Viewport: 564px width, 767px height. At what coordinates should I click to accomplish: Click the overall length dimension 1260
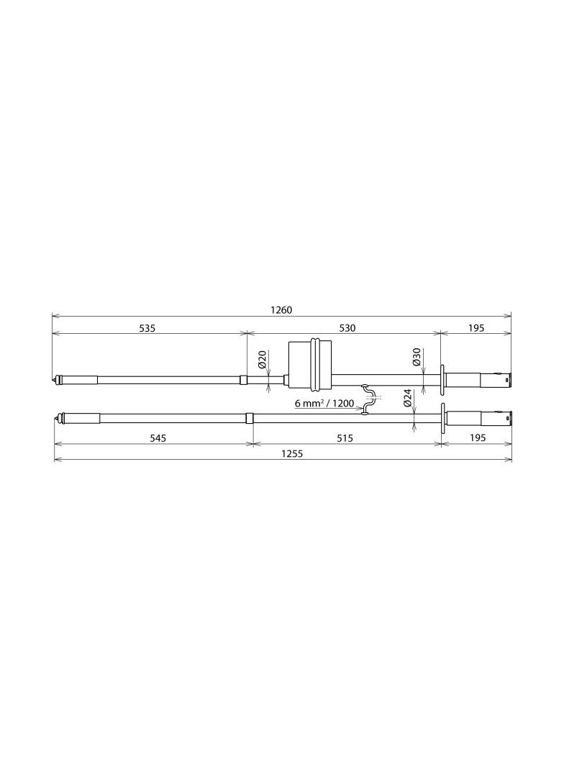click(x=281, y=310)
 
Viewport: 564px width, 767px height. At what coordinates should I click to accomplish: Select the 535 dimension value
click(x=147, y=328)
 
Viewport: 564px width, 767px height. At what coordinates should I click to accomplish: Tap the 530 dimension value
click(x=347, y=328)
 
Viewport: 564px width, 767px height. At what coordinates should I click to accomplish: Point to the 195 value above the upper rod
click(x=476, y=328)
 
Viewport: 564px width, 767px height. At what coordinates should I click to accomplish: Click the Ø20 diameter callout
click(x=262, y=360)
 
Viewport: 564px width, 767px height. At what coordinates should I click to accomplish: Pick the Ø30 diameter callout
click(x=417, y=357)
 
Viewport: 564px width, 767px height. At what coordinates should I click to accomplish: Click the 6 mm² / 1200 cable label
click(x=324, y=404)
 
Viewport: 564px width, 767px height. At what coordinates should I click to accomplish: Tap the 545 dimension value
click(x=158, y=438)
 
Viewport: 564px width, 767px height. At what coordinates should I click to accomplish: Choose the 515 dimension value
click(x=345, y=438)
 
